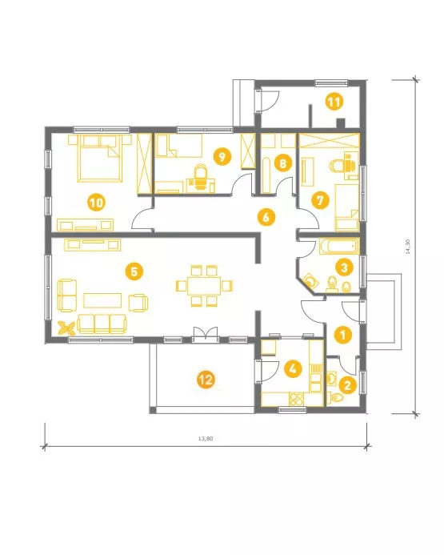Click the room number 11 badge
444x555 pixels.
[x=334, y=103]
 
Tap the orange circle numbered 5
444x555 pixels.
[x=134, y=271]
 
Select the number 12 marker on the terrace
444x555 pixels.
[x=206, y=380]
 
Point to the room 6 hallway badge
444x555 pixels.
[x=266, y=217]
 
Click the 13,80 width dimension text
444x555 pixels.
[x=206, y=438]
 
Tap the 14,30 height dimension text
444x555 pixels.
[x=408, y=247]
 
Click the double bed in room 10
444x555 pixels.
[x=100, y=158]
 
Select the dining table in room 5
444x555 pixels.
[x=204, y=286]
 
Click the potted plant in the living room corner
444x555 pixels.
[x=67, y=328]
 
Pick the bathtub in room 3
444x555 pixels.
[x=339, y=247]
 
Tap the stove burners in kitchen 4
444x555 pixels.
[x=296, y=400]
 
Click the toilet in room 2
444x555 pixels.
[x=336, y=398]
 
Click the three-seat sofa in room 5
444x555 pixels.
[x=102, y=324]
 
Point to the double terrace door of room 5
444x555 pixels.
[x=205, y=334]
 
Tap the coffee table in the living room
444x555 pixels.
[x=102, y=300]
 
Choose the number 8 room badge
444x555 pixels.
[x=282, y=163]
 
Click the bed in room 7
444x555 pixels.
[x=346, y=207]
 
